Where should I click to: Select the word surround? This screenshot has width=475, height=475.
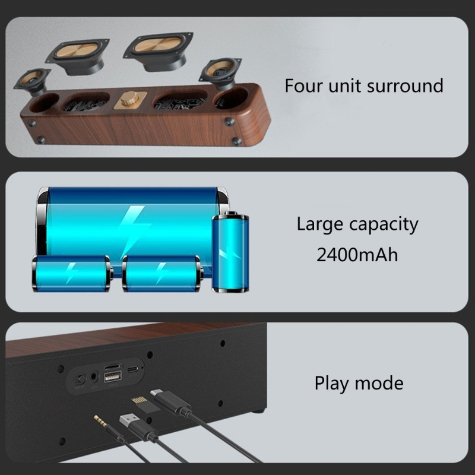pyautogui.click(x=405, y=85)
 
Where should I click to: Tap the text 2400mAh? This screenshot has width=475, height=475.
pyautogui.click(x=357, y=255)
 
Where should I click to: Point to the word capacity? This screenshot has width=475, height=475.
pyautogui.click(x=384, y=225)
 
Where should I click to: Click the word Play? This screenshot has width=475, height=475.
pyautogui.click(x=331, y=384)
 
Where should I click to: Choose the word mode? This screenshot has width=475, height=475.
pyautogui.click(x=379, y=383)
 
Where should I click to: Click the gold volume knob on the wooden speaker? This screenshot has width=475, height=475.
pyautogui.click(x=129, y=99)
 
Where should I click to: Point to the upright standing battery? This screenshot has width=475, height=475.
pyautogui.click(x=230, y=252)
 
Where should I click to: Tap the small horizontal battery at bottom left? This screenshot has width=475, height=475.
pyautogui.click(x=72, y=274)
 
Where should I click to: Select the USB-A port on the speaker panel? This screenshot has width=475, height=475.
pyautogui.click(x=113, y=377)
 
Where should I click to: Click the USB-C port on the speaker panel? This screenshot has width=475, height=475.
pyautogui.click(x=133, y=369)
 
